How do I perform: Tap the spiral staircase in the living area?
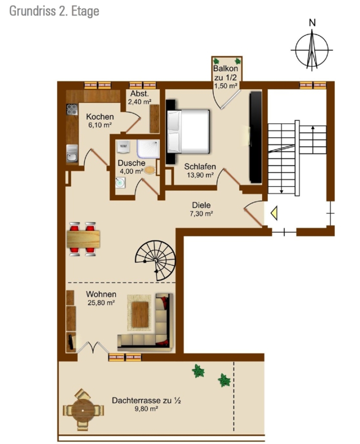tap(156, 260)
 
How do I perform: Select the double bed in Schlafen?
tap(188, 131)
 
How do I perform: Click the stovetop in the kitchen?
tap(72, 110)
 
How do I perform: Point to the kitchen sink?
tap(72, 153)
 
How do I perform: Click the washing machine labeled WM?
tap(123, 147)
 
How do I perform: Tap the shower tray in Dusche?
tap(148, 149)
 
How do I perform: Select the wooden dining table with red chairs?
tap(83, 239)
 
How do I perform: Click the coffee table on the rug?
tap(140, 314)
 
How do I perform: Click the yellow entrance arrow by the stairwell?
tap(274, 213)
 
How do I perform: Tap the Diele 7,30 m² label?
tap(201, 209)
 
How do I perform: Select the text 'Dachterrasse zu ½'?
tap(146, 401)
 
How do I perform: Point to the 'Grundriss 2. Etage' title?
tap(54, 11)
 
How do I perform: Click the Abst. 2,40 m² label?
tap(139, 98)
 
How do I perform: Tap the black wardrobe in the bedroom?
tap(255, 137)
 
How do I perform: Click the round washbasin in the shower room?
tap(120, 183)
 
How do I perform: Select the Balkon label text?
tap(226, 69)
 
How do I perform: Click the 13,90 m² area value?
tap(200, 175)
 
